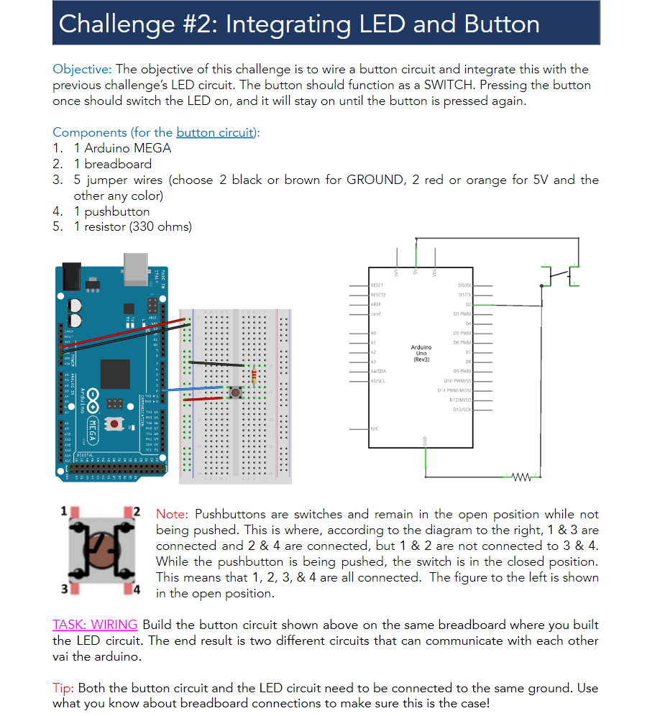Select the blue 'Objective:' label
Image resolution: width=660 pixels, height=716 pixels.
[82, 70]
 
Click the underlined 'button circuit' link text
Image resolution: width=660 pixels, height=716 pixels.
[215, 132]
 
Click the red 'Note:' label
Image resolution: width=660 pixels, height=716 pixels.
[172, 515]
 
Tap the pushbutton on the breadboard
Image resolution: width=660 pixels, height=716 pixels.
[234, 392]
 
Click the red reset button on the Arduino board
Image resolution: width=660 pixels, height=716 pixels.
[114, 423]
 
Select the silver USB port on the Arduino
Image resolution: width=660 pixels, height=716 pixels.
[135, 268]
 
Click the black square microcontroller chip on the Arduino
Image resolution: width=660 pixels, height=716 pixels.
[115, 375]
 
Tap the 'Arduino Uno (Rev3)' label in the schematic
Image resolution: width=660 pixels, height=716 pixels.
[421, 353]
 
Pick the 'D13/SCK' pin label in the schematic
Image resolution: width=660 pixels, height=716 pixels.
[462, 409]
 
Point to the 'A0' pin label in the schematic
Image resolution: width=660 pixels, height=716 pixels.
[373, 334]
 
